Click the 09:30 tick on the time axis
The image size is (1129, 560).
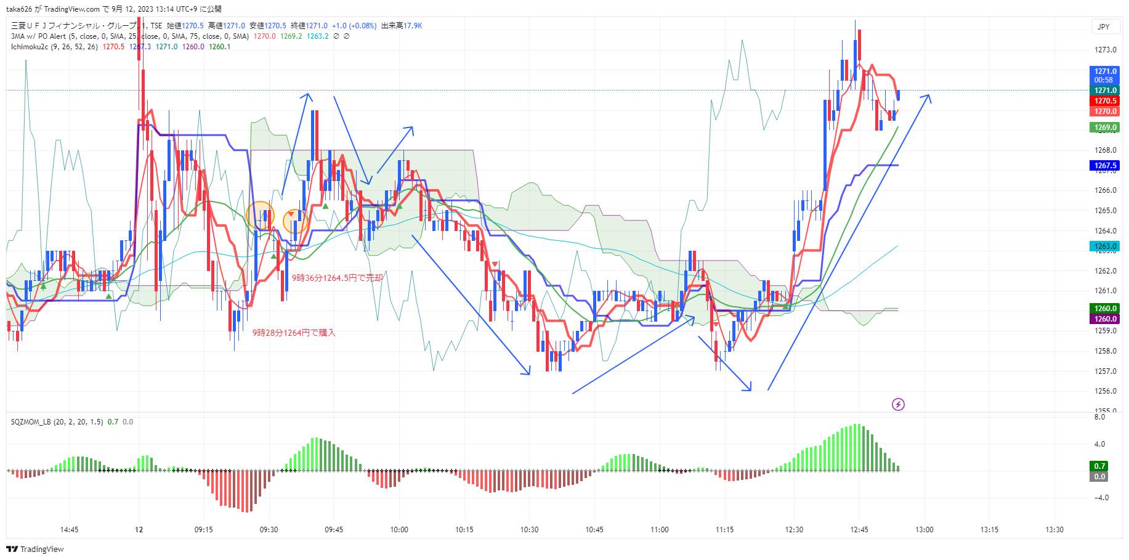pyautogui.click(x=269, y=530)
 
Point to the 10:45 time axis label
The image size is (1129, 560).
pyautogui.click(x=594, y=530)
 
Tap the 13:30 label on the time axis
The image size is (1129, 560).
pyautogui.click(x=1054, y=530)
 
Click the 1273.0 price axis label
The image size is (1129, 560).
pyautogui.click(x=1106, y=50)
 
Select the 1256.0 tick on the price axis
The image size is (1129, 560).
pyautogui.click(x=1106, y=391)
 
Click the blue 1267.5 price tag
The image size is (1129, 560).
pyautogui.click(x=1106, y=166)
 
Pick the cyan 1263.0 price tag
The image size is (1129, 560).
pyautogui.click(x=1106, y=246)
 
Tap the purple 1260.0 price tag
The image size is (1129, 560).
pyautogui.click(x=1106, y=319)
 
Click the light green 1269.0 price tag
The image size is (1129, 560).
pyautogui.click(x=1106, y=128)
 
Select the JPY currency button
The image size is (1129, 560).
pyautogui.click(x=1104, y=27)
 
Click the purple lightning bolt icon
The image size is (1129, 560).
pyautogui.click(x=898, y=405)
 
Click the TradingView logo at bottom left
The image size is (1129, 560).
pyautogui.click(x=35, y=549)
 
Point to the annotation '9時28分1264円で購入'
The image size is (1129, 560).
pyautogui.click(x=294, y=333)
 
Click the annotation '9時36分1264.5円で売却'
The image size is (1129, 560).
pyautogui.click(x=337, y=278)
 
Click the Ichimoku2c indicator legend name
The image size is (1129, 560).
pyautogui.click(x=30, y=47)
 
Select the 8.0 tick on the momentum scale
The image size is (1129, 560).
pyautogui.click(x=1099, y=417)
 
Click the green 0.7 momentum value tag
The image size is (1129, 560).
pyautogui.click(x=1099, y=466)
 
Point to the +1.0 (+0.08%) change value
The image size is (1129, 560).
pyautogui.click(x=354, y=26)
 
